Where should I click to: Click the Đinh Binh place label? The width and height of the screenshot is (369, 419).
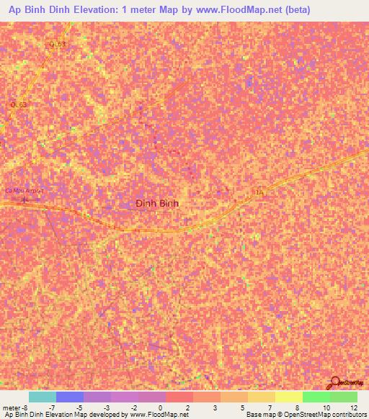(157, 204)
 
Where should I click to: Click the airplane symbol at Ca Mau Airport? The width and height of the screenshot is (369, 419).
(24, 199)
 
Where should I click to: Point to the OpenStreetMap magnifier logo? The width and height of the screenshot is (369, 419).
(337, 382)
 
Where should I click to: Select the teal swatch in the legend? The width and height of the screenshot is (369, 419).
(43, 397)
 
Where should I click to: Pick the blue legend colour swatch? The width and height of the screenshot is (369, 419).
(70, 397)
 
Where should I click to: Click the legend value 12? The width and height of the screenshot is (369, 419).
(353, 407)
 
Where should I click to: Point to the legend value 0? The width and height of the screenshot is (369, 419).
(160, 407)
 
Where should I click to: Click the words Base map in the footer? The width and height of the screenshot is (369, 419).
(258, 415)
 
